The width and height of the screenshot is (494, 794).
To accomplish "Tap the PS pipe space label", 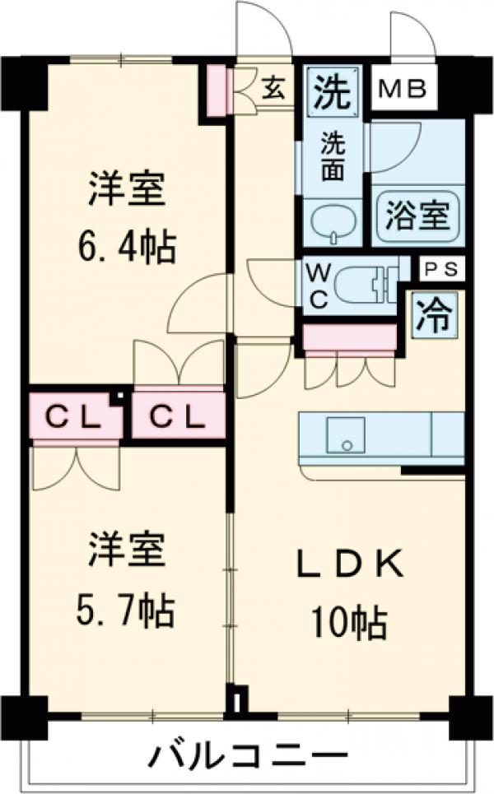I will point(443,268).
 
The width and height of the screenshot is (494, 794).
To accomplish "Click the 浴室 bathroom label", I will point(417,216).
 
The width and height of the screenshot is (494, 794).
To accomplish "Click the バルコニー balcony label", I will point(246,754).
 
